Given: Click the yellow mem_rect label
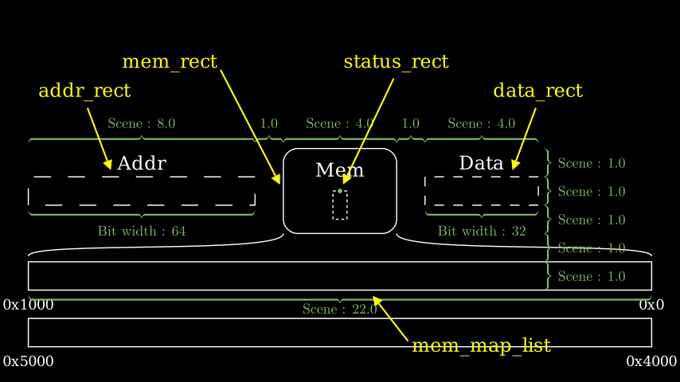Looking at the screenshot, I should pos(170,62).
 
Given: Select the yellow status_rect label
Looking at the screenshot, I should pos(396,62).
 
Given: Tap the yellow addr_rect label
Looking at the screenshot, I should pos(84,91).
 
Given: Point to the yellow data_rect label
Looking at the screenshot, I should pos(537,91).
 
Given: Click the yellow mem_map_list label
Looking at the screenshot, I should pos(481,345).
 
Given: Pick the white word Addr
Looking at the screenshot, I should pos(142,164).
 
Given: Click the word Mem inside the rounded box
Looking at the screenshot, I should pos(340,170).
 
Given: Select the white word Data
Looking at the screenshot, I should pos(481,163).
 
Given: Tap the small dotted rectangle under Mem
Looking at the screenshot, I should pos(340,205).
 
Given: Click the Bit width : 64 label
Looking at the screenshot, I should pos(142,232).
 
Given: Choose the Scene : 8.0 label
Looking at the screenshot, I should pos(142,123).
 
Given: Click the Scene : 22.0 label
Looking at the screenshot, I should pos(339,310).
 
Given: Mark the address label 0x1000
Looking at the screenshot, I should pos(28,305).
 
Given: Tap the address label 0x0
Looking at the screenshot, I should pos(651,305).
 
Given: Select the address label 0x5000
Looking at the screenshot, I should pos(28,361).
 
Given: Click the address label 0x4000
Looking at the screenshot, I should pos(651,361).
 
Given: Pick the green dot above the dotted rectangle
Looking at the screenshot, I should pos(340,191).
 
